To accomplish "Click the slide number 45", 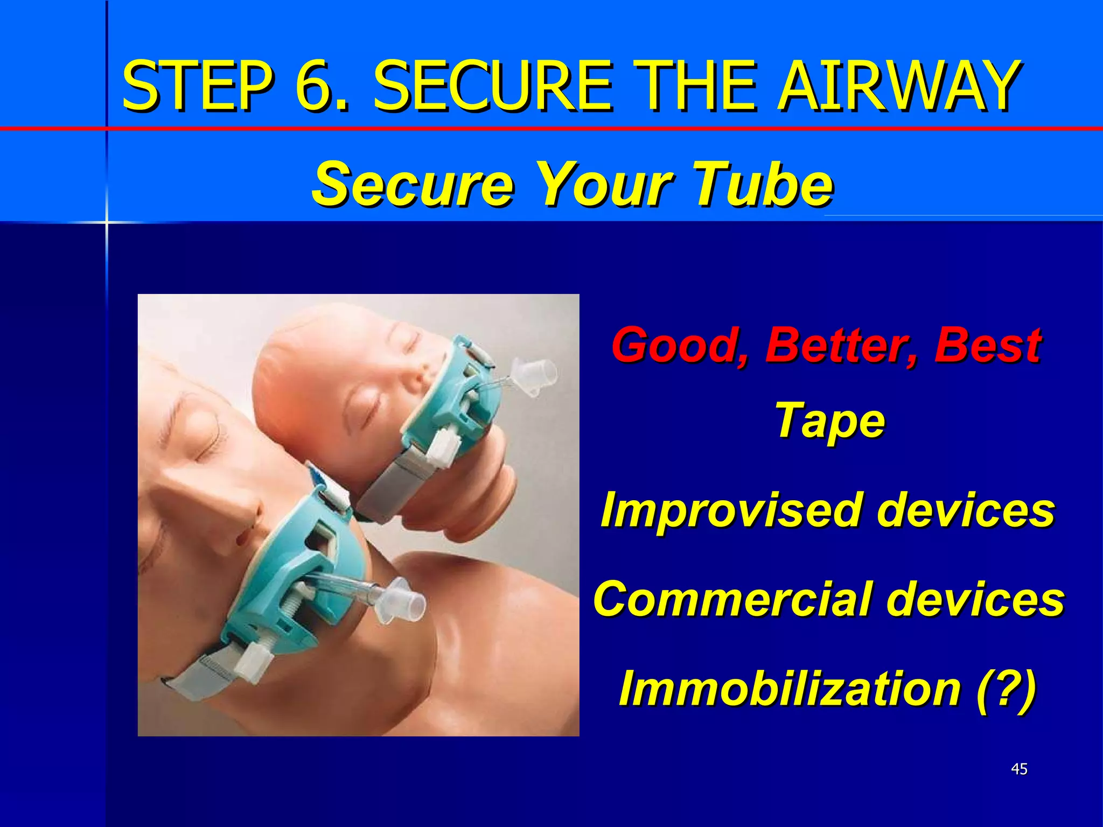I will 1019,769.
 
